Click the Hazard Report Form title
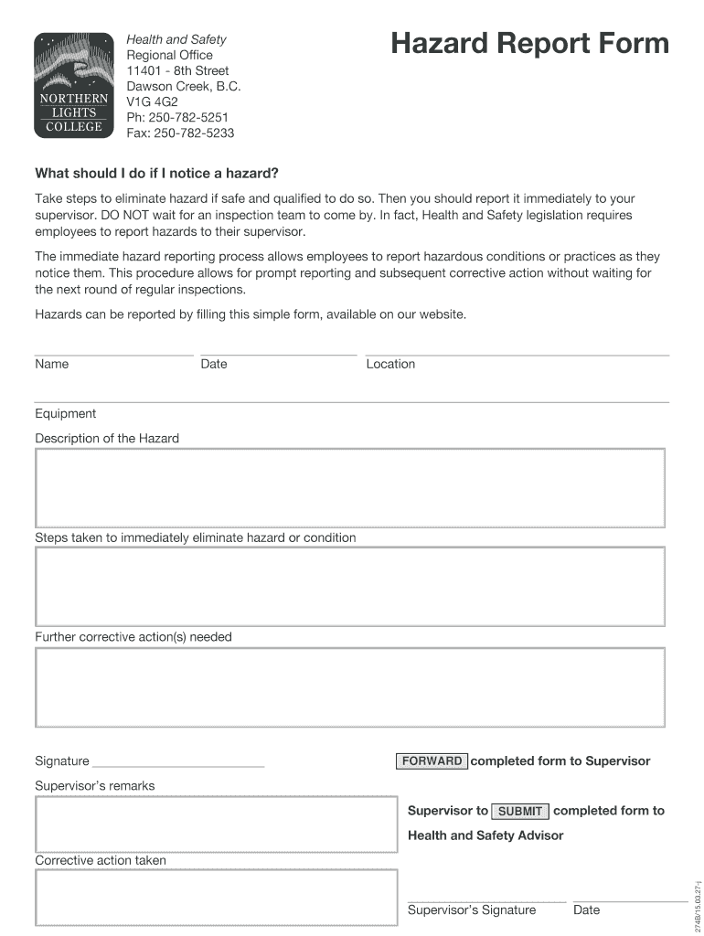coord(529,44)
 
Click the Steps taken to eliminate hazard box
coord(350,586)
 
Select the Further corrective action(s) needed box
coord(350,686)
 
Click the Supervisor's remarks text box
coord(216,824)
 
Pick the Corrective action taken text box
coord(216,897)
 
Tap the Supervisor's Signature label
coord(472,909)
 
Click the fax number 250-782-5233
coord(180,133)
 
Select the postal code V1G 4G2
coord(152,101)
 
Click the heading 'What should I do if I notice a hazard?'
coord(156,173)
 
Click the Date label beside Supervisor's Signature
coord(586,909)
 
